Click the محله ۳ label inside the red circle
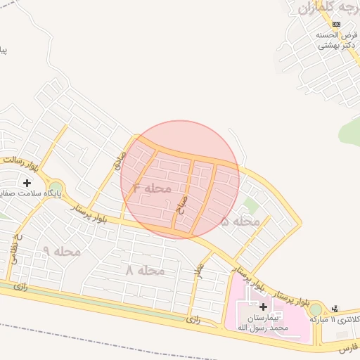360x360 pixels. coord(153,188)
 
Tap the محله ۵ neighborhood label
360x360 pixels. coord(240,221)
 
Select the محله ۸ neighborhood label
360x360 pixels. coord(145,270)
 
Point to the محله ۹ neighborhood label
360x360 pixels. coord(61,251)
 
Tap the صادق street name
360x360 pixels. coord(120,161)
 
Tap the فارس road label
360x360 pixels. coord(349,347)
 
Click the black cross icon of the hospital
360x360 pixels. coord(263,307)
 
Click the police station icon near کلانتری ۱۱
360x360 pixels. coord(335,307)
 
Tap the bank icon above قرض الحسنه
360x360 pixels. coord(335,24)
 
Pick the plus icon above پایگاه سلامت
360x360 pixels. coord(27,182)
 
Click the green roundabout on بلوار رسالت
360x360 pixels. coord(55,186)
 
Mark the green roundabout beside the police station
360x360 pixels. coord(316,309)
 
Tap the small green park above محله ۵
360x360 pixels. coord(249,206)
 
